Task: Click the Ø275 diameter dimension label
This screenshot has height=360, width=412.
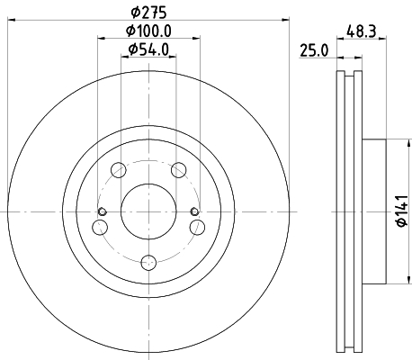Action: pyautogui.click(x=148, y=12)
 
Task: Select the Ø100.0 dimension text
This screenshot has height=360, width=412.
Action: pyautogui.click(x=148, y=31)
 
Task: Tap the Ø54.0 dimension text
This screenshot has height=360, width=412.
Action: pyautogui.click(x=148, y=49)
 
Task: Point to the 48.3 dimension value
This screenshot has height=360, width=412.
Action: pyautogui.click(x=362, y=31)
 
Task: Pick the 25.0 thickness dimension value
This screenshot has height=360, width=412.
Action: pyautogui.click(x=314, y=50)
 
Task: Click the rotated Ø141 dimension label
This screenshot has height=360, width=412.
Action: pyautogui.click(x=402, y=211)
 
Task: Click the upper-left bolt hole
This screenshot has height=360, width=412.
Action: pyautogui.click(x=119, y=170)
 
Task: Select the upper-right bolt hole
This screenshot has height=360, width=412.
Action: pyautogui.click(x=179, y=170)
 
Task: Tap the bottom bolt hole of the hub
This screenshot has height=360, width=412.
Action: pyautogui.click(x=148, y=263)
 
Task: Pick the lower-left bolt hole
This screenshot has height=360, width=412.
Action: pyautogui.click(x=100, y=228)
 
